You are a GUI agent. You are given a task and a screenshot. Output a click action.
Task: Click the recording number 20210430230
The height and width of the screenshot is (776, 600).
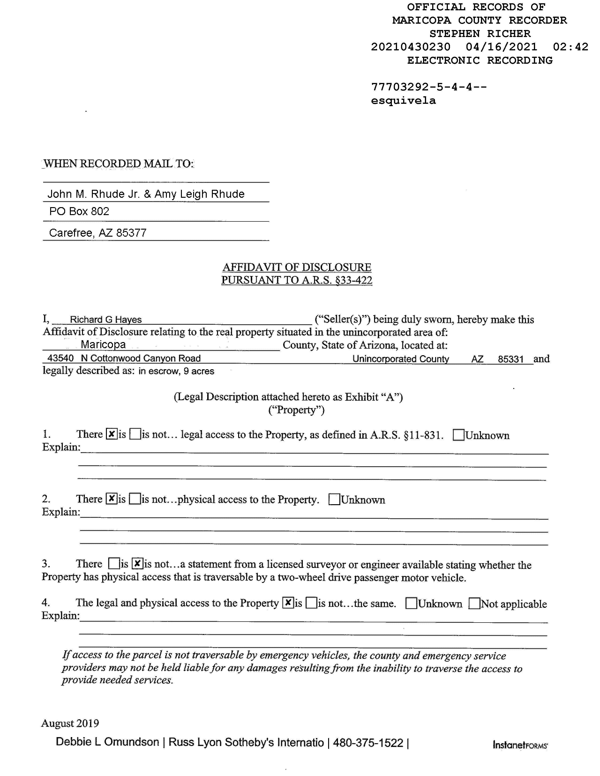click(x=411, y=47)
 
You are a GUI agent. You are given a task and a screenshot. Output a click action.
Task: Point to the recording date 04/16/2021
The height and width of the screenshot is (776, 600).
click(x=501, y=47)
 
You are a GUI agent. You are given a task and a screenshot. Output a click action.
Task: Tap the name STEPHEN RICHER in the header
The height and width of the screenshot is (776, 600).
click(x=480, y=34)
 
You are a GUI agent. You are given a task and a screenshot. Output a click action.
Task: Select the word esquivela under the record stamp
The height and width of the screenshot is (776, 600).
click(x=403, y=101)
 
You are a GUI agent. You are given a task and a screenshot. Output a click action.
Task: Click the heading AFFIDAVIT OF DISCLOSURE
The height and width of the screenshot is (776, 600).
click(x=297, y=267)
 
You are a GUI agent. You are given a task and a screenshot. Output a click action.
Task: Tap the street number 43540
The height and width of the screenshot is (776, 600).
click(x=60, y=358)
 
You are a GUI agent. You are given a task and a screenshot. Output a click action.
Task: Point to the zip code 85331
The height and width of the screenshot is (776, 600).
click(x=510, y=359)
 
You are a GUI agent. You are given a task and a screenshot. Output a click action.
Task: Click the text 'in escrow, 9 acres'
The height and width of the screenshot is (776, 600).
click(x=176, y=371)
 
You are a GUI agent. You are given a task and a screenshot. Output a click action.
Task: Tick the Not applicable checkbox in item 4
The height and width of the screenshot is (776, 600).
click(x=474, y=603)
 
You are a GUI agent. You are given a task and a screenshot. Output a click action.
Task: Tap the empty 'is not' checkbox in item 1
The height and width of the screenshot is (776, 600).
click(x=135, y=434)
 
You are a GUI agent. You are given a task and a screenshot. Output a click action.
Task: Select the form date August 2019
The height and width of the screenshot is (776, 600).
click(x=70, y=724)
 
